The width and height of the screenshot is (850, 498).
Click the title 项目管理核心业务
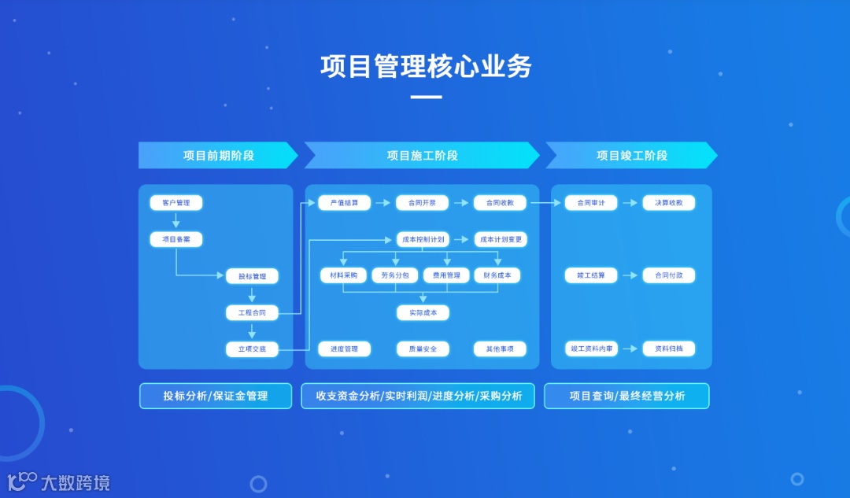[x=426, y=66]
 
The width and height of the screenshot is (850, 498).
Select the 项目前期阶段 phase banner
[x=218, y=155]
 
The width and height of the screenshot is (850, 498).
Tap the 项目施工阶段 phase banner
[x=422, y=155]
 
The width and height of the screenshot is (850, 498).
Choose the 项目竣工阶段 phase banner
[x=631, y=155]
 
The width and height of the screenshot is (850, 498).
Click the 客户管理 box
[x=176, y=203]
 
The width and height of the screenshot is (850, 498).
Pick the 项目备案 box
[x=176, y=239]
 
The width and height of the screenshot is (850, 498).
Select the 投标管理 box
[x=253, y=276]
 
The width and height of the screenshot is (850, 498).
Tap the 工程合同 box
[x=253, y=313]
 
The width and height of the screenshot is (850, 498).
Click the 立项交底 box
[x=253, y=349]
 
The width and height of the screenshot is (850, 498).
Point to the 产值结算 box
[x=344, y=203]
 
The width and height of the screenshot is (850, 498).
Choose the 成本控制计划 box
[x=423, y=239]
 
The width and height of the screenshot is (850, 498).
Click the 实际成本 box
[x=423, y=312]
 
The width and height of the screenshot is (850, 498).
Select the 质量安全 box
[x=423, y=349]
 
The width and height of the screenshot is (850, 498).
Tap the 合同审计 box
[x=591, y=203]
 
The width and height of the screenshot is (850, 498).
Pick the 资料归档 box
[x=669, y=349]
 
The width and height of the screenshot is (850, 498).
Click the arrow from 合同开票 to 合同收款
[x=460, y=203]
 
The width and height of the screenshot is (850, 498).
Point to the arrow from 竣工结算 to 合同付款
[x=630, y=276]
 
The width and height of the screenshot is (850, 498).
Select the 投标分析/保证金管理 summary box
[x=216, y=396]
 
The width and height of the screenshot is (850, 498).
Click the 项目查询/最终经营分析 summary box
[x=626, y=396]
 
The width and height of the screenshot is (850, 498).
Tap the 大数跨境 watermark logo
[x=59, y=481]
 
